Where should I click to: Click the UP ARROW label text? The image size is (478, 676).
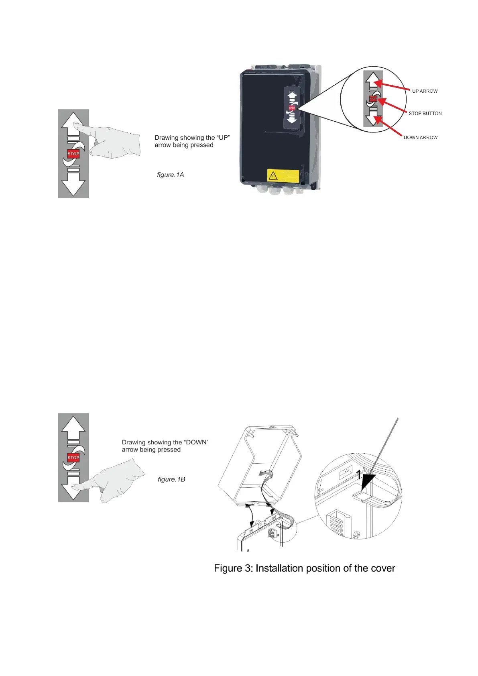click(425, 91)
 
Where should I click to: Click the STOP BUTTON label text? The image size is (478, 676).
click(425, 113)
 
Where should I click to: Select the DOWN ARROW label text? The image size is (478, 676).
click(420, 137)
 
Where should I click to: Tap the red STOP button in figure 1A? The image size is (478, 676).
click(73, 154)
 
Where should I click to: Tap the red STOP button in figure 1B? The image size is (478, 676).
click(73, 458)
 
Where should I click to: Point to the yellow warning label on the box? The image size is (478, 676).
click(283, 175)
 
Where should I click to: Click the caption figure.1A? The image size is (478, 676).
click(170, 175)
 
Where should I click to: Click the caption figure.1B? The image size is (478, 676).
click(171, 479)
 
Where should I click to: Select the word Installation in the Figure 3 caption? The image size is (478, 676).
click(279, 568)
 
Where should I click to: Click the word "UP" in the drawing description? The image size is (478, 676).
click(223, 138)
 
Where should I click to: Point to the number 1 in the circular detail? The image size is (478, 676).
click(359, 475)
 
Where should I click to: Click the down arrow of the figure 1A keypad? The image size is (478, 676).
click(73, 185)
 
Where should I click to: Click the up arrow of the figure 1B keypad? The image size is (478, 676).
click(73, 426)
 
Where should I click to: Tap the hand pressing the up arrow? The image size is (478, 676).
click(112, 140)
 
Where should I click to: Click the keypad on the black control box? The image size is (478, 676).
click(292, 107)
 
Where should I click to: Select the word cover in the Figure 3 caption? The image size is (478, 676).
click(382, 568)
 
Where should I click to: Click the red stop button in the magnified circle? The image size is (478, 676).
click(373, 99)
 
